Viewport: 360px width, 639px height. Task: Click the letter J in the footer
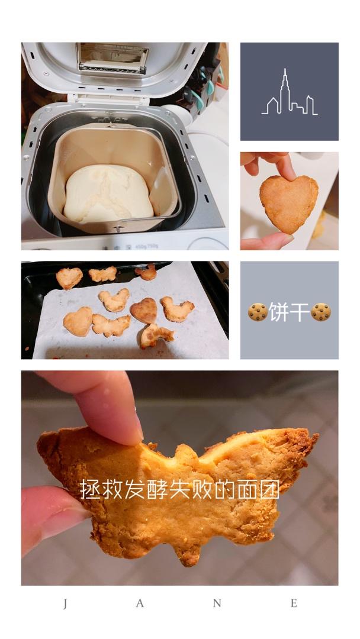66,603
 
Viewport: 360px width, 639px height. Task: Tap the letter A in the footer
139,603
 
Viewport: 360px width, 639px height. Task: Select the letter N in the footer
217,603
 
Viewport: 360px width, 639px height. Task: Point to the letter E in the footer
294,603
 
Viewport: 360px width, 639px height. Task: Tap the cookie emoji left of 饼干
258,312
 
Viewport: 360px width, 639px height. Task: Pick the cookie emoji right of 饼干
321,312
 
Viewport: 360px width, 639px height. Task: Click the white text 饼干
289,312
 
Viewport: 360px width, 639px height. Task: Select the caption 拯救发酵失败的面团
179,489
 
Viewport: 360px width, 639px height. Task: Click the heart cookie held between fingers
289,204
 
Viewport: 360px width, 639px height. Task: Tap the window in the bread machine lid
112,58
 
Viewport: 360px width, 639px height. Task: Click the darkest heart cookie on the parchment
144,311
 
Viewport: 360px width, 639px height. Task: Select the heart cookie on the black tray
69,278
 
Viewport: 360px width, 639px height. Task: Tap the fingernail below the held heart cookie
281,240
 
